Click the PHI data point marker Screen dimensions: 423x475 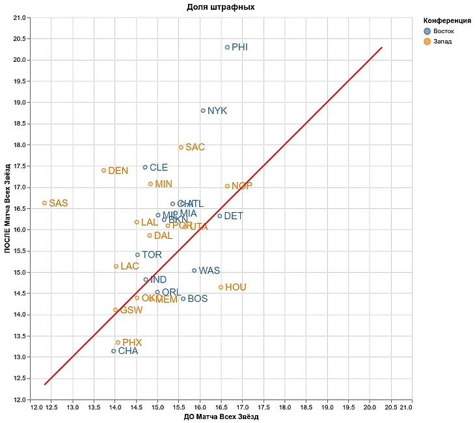click(x=227, y=48)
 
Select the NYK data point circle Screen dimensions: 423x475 click(x=203, y=111)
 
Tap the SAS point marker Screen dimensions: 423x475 click(x=44, y=203)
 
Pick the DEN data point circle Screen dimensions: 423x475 click(x=103, y=171)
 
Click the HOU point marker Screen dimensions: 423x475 click(x=221, y=287)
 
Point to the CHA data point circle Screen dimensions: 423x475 click(x=114, y=351)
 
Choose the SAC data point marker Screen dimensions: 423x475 click(x=181, y=147)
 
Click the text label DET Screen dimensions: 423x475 click(x=233, y=216)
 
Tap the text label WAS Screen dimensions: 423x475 click(x=209, y=271)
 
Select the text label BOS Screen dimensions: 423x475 click(x=197, y=299)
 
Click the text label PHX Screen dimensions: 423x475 click(x=132, y=342)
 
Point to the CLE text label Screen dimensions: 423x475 click(x=159, y=167)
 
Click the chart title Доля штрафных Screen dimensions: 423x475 click(x=221, y=7)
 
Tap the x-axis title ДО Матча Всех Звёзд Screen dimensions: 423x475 click(x=221, y=417)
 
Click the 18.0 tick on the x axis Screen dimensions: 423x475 click(x=284, y=407)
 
